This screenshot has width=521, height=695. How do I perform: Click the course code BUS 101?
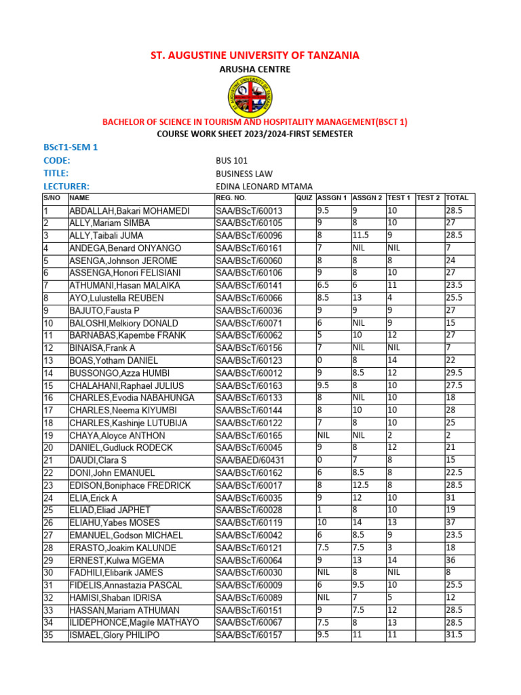(x=231, y=161)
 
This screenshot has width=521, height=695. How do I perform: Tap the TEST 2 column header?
(x=429, y=198)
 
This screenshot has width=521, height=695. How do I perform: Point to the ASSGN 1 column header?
(x=332, y=198)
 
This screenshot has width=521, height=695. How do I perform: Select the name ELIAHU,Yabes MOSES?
(x=114, y=523)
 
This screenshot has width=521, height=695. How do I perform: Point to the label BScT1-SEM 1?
(x=71, y=147)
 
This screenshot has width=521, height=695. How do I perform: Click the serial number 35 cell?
(x=48, y=635)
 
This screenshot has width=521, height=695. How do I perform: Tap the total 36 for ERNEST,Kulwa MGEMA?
(x=451, y=560)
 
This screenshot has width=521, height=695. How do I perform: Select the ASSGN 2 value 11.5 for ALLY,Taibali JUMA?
(x=361, y=236)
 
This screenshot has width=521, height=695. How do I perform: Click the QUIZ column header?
(x=304, y=198)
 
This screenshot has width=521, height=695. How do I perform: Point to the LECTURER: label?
(x=66, y=186)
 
